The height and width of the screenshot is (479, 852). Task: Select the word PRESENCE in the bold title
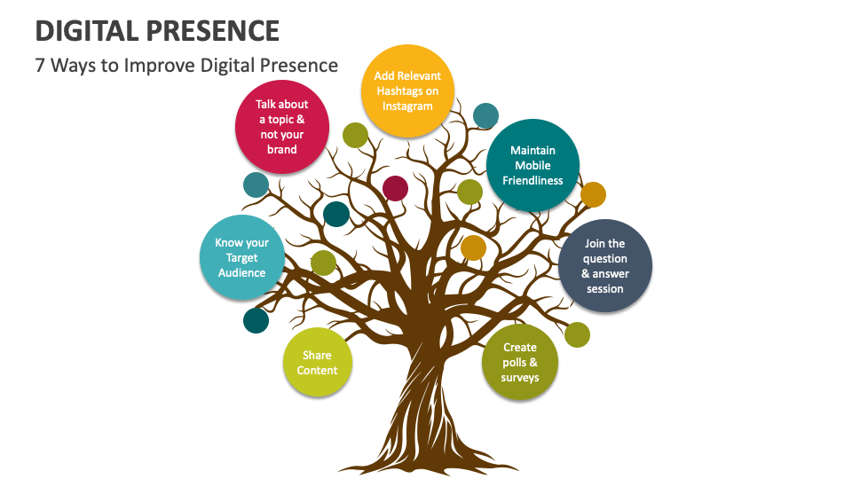point(218,31)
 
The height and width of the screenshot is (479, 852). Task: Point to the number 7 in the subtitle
point(41,65)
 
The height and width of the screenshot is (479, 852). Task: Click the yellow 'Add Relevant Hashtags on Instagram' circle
point(407,90)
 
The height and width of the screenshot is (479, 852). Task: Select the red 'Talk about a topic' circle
point(281,127)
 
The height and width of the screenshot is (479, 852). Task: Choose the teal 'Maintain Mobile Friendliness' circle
point(532,165)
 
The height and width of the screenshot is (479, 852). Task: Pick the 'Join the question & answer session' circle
point(604,266)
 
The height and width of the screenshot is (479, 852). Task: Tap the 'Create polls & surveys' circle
point(520,363)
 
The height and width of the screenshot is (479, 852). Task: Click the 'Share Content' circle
point(317,362)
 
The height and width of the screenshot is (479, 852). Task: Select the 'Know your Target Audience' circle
point(241,257)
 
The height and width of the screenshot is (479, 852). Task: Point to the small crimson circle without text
point(395,188)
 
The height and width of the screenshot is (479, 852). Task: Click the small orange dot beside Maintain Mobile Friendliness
point(593,194)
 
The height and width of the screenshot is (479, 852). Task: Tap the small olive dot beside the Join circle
point(577,334)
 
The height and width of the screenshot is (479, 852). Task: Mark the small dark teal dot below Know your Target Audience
point(256,320)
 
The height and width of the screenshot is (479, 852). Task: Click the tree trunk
point(424,390)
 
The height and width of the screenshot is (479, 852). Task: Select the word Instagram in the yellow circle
point(407,106)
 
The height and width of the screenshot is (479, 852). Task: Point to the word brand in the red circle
point(281,149)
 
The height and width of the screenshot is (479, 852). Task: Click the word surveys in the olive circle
point(520,378)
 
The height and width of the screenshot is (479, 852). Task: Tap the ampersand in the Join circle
point(586,274)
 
